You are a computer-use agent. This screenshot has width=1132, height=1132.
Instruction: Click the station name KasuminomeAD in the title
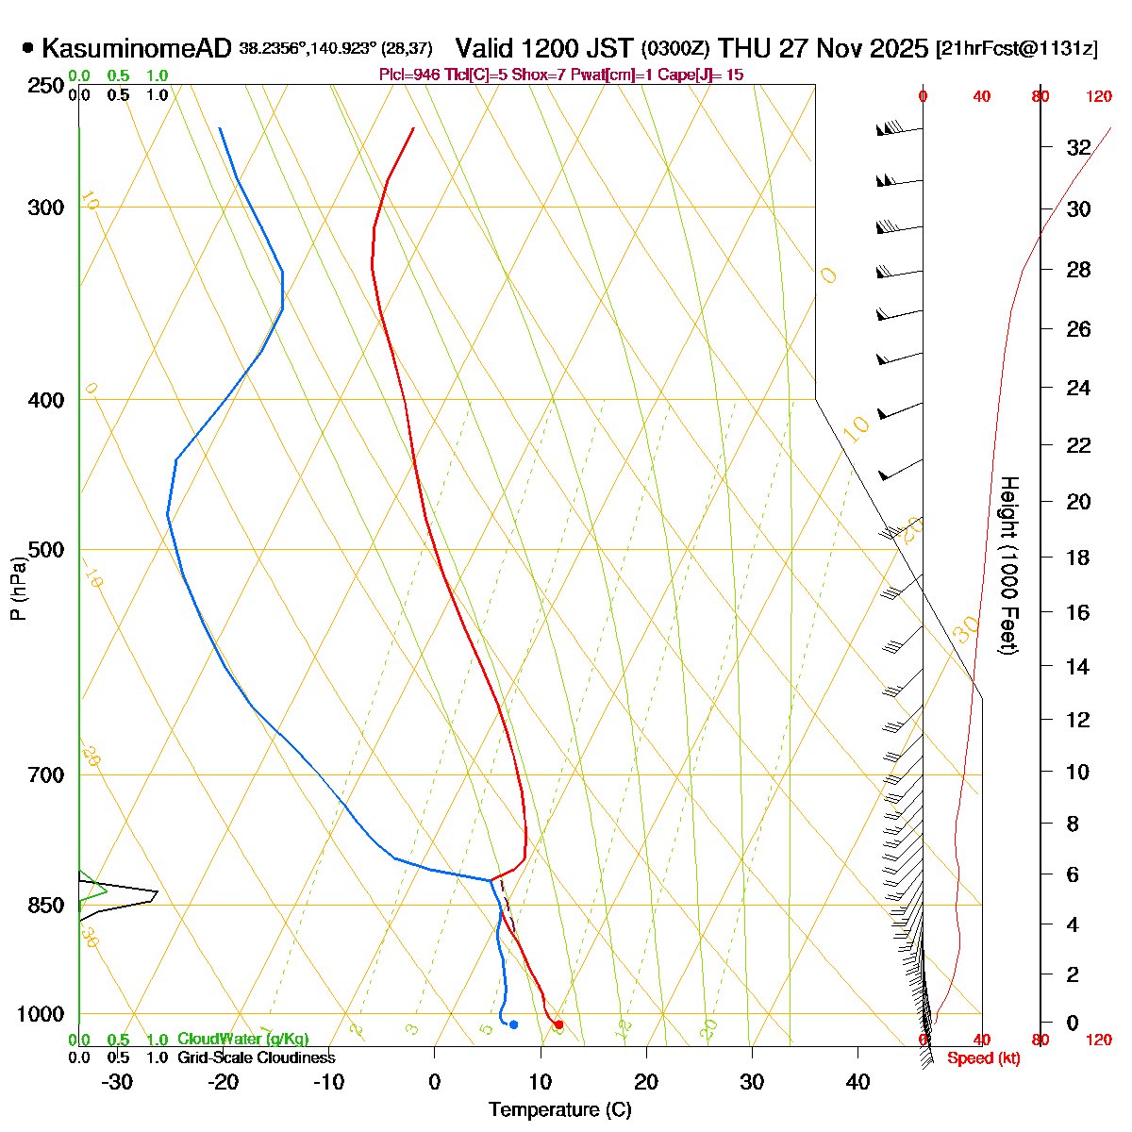tap(138, 48)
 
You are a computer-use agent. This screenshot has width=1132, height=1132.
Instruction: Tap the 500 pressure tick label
tap(46, 550)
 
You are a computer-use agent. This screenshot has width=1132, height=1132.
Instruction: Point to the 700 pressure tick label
tap(46, 775)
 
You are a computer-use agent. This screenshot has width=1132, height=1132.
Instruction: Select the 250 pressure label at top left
tap(46, 87)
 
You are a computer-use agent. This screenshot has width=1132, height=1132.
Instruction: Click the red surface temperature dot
tap(559, 1024)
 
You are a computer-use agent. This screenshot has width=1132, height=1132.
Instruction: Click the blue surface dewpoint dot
tap(513, 1024)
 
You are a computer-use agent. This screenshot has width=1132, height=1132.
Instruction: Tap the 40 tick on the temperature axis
tap(857, 1082)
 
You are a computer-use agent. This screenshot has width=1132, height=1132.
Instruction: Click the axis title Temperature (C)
tap(560, 1109)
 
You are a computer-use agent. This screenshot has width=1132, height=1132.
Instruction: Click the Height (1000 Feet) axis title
tap(1008, 566)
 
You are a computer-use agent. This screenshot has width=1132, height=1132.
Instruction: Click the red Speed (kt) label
tap(984, 1058)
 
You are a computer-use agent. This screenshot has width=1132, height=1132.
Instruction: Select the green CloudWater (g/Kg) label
tap(242, 1040)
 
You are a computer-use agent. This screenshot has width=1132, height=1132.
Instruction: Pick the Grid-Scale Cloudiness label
tap(256, 1058)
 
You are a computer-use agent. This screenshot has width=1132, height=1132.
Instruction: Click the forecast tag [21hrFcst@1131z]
tap(1016, 49)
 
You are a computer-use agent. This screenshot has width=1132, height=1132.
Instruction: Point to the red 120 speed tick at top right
tap(1099, 96)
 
